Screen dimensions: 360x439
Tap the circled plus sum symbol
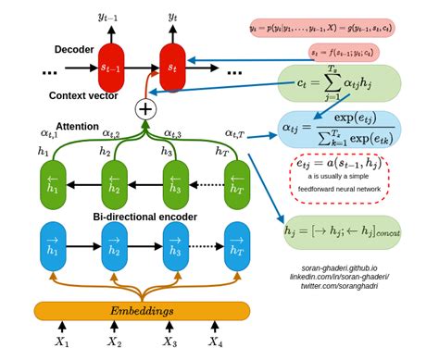point(145,108)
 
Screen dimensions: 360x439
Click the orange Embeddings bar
point(142,310)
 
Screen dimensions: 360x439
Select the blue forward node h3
point(173,246)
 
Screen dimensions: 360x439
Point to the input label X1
point(61,342)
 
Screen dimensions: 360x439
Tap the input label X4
point(216,342)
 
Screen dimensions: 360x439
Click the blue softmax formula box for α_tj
point(340,131)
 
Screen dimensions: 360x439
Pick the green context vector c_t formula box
point(340,81)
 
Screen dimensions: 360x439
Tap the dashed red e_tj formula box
point(340,179)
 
